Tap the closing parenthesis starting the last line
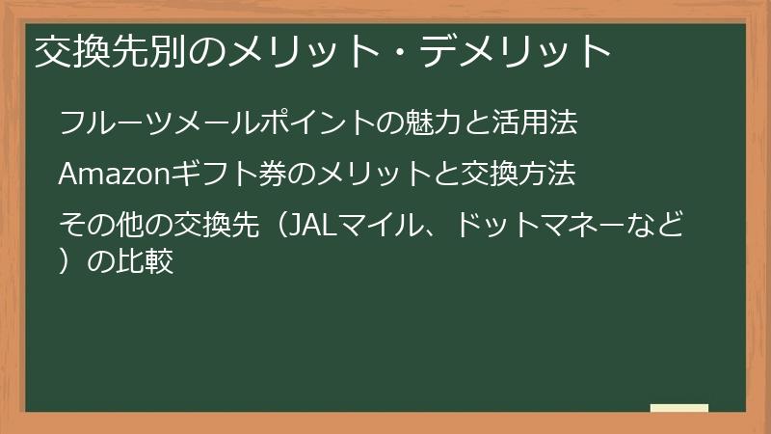[x=67, y=261]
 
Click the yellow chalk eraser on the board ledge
[x=678, y=408]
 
